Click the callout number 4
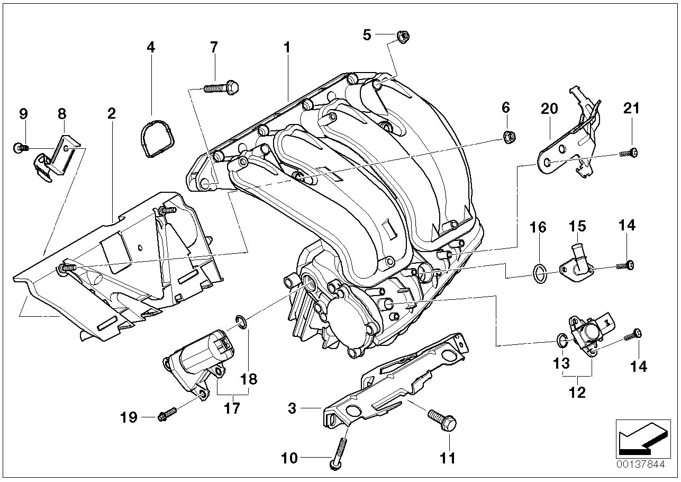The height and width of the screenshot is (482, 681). pyautogui.click(x=151, y=47)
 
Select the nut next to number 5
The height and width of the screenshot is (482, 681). pyautogui.click(x=402, y=37)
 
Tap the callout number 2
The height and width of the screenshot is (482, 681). pyautogui.click(x=111, y=113)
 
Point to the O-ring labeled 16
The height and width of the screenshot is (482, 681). pyautogui.click(x=538, y=273)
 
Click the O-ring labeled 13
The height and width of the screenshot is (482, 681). pyautogui.click(x=562, y=340)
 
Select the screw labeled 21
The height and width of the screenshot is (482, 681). pyautogui.click(x=628, y=153)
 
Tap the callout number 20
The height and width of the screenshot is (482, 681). pyautogui.click(x=549, y=109)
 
